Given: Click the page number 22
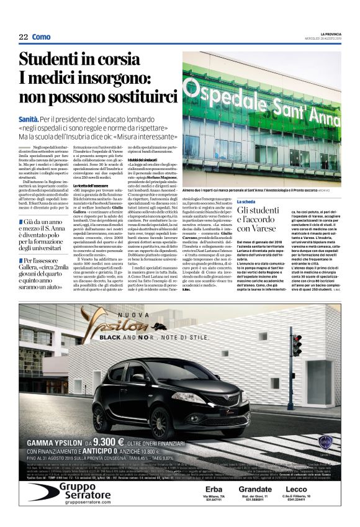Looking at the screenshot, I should click(24, 37).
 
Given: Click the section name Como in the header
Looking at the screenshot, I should click(42, 37).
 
